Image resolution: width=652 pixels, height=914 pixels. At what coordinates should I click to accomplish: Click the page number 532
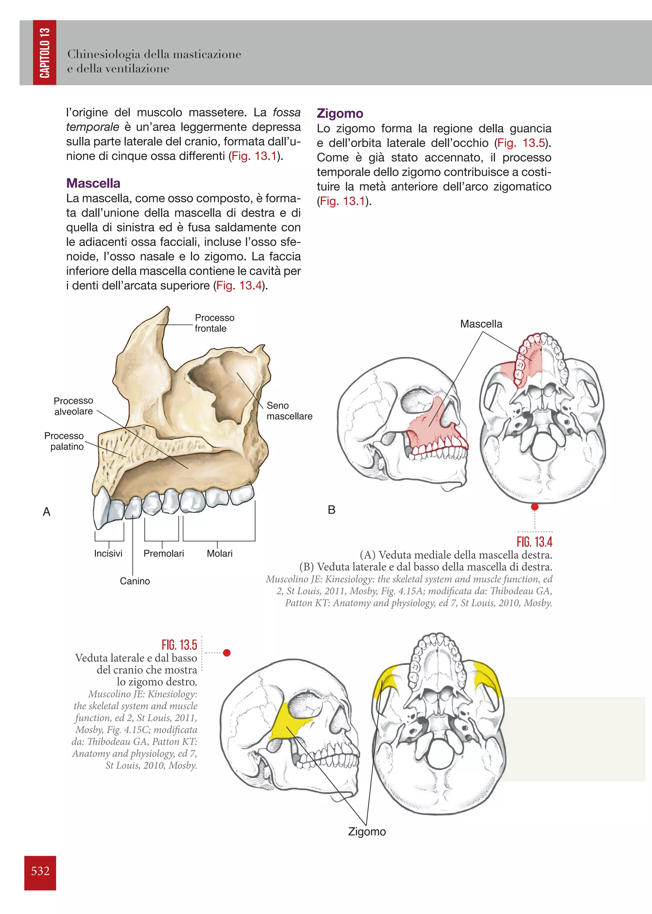(x=40, y=871)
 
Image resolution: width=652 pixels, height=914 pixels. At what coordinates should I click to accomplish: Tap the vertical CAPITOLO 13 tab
(x=45, y=52)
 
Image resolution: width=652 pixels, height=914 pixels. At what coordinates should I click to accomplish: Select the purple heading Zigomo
(x=340, y=114)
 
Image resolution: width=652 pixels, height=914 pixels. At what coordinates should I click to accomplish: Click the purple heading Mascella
(x=93, y=183)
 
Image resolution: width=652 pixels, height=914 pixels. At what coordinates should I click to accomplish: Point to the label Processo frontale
(x=214, y=323)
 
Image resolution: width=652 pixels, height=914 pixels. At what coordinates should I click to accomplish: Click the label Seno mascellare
(x=289, y=411)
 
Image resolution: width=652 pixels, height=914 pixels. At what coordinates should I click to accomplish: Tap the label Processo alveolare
(x=74, y=406)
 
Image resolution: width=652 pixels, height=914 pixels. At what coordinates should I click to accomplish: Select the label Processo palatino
(x=65, y=441)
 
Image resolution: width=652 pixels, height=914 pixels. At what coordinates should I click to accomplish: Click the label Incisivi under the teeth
(x=108, y=554)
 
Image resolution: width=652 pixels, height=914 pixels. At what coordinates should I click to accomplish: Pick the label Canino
(x=135, y=581)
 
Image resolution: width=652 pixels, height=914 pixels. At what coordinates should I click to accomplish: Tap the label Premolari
(x=164, y=554)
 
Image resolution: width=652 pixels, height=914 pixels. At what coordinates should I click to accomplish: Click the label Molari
(x=220, y=554)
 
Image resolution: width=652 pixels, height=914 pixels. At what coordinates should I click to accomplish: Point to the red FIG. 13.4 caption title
(x=535, y=542)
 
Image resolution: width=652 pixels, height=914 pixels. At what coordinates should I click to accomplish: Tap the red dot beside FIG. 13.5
(x=227, y=653)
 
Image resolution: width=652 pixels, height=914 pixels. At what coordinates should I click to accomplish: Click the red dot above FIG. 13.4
(x=535, y=507)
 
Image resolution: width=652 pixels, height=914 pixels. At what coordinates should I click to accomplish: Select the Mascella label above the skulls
(x=481, y=324)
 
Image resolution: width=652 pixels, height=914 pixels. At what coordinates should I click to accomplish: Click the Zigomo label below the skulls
(x=367, y=832)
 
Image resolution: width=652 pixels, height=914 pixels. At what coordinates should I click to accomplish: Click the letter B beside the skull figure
(x=332, y=510)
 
